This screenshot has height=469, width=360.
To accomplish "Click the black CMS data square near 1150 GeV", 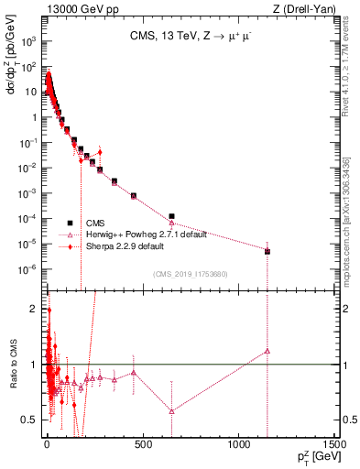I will click(267, 251).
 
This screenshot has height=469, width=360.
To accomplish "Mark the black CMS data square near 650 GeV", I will click(171, 216).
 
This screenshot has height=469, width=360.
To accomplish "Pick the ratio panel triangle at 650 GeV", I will click(171, 410).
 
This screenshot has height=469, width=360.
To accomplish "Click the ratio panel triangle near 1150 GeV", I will click(267, 350).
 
